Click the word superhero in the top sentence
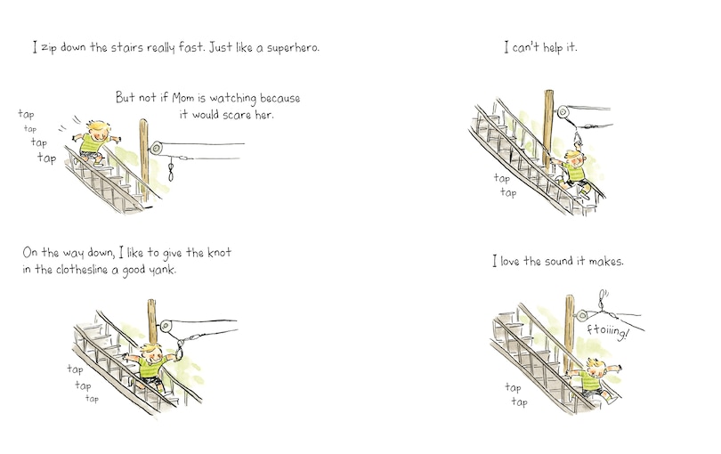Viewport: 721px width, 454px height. [290, 47]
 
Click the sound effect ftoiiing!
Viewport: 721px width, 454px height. [609, 330]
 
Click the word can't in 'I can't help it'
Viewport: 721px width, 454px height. [528, 47]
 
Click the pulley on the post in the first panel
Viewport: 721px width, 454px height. [158, 148]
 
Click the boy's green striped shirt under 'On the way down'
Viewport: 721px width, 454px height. [153, 366]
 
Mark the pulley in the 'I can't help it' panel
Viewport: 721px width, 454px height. [563, 112]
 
